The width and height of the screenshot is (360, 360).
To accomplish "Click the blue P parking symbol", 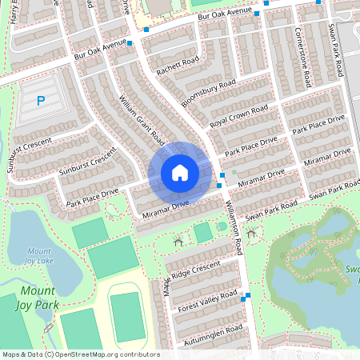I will (41, 102).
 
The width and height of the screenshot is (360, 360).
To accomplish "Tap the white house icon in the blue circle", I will (179, 173).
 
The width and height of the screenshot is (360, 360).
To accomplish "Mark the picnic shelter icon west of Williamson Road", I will (178, 239).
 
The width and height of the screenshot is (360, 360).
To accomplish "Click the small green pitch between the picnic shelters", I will (203, 232).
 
